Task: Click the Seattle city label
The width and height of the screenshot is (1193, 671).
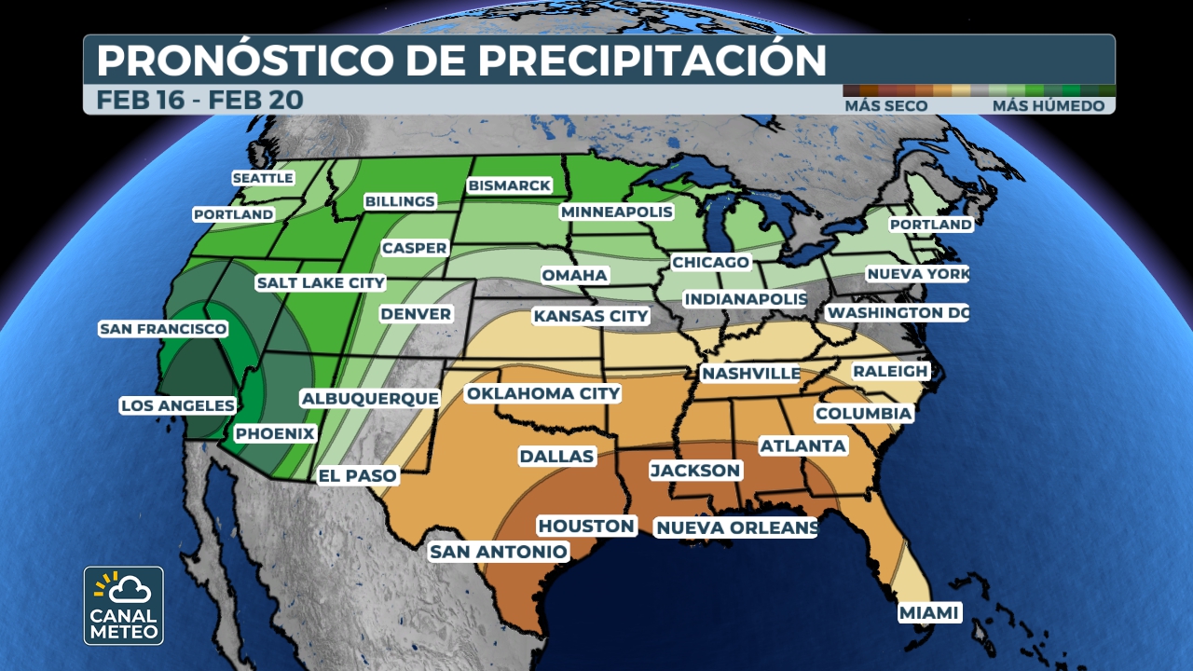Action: (x=263, y=178)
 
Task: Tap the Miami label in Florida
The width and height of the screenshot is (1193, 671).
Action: (x=929, y=613)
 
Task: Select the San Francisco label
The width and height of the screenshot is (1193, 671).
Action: (x=163, y=329)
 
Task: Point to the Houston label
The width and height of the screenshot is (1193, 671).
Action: (x=586, y=526)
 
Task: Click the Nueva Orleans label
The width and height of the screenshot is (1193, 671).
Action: (x=736, y=528)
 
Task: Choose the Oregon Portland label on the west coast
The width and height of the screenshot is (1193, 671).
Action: (x=234, y=214)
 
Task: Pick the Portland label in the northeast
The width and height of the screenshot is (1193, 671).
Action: (x=930, y=225)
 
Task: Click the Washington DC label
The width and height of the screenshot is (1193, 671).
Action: (x=898, y=312)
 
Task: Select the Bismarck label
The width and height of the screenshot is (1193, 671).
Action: (x=510, y=185)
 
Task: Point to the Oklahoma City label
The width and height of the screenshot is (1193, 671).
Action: (x=543, y=393)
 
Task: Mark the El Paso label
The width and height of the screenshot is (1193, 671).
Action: (x=358, y=475)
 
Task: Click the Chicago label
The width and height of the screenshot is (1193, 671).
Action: (x=710, y=262)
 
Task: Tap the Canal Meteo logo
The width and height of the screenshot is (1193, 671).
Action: (x=124, y=606)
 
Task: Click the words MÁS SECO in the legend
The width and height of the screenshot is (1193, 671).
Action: (x=885, y=106)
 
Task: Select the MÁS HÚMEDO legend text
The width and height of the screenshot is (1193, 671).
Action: (x=1048, y=106)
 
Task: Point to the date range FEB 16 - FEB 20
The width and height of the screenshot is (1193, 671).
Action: (x=199, y=100)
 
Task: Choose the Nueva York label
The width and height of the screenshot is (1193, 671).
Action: (x=917, y=274)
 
